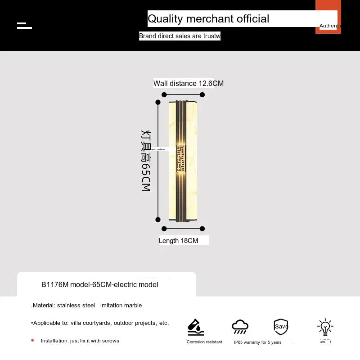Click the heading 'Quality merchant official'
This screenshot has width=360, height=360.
[x=208, y=19]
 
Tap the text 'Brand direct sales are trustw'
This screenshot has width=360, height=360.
[x=180, y=36]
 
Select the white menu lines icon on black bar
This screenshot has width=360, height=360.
[x=24, y=25]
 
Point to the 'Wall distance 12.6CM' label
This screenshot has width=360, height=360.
[x=188, y=83]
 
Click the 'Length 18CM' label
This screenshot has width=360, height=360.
[x=179, y=241]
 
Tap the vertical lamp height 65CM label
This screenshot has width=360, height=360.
[x=146, y=161]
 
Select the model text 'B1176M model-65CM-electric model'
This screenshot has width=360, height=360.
[x=100, y=284]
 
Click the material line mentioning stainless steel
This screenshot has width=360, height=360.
[x=87, y=305]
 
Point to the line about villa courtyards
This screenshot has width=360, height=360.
[x=100, y=323]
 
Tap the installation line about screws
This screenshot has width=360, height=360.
[x=80, y=341]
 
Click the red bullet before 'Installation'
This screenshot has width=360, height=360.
[x=32, y=340]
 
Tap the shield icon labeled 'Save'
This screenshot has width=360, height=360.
[x=281, y=326]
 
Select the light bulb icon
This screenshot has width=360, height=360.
[x=324, y=327]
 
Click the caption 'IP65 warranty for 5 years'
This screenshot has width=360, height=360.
[x=258, y=342]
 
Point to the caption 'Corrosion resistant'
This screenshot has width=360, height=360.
[x=204, y=342]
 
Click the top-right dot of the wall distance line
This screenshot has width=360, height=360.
[x=202, y=94]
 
